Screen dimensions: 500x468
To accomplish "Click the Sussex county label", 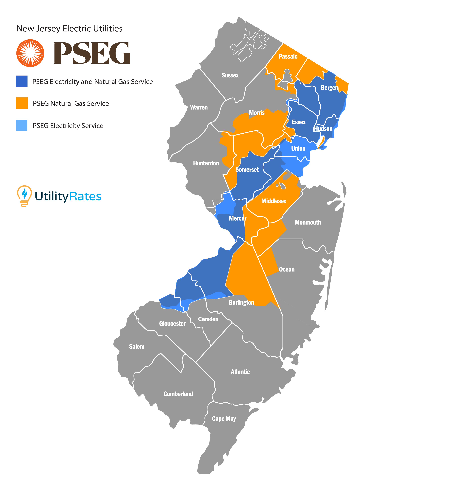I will click(x=230, y=75).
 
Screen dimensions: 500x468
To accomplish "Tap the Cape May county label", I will click(x=224, y=419).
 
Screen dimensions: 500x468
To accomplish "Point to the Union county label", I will click(x=298, y=148).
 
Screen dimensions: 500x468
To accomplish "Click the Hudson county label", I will click(x=323, y=129).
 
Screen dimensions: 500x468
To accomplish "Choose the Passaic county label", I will click(x=288, y=56).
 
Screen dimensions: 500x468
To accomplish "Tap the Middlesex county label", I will click(x=274, y=201).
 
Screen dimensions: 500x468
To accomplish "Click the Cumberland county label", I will click(x=178, y=394).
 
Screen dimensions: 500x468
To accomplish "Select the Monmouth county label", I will click(x=308, y=222).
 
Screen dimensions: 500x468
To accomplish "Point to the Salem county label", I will click(x=136, y=347).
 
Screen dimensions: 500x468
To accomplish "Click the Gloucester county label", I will click(x=172, y=323).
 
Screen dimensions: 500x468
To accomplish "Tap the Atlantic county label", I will click(x=240, y=372).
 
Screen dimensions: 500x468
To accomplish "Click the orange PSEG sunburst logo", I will click(x=30, y=53).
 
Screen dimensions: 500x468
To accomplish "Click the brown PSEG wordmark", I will click(x=92, y=53).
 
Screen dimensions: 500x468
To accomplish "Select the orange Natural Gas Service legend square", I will click(x=22, y=103).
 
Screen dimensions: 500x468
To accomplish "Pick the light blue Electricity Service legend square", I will click(x=22, y=125).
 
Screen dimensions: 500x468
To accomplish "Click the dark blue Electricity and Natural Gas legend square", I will click(x=22, y=81).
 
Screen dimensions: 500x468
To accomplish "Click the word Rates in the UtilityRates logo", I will click(x=85, y=196).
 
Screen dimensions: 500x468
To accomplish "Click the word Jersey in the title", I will click(x=48, y=29).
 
